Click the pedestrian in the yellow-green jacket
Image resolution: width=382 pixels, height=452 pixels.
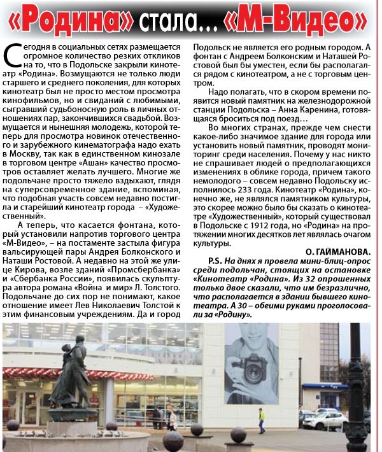[260, 418]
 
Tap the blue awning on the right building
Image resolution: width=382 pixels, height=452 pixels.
[324, 386]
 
